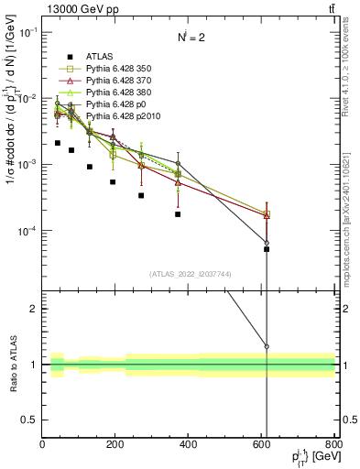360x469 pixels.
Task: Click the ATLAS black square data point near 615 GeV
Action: click(x=267, y=248)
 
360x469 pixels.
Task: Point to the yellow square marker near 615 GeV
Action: click(x=267, y=214)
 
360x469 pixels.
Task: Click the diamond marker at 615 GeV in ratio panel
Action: click(x=267, y=346)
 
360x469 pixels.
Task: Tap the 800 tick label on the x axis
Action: click(x=333, y=444)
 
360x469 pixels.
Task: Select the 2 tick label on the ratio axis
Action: click(x=34, y=309)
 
